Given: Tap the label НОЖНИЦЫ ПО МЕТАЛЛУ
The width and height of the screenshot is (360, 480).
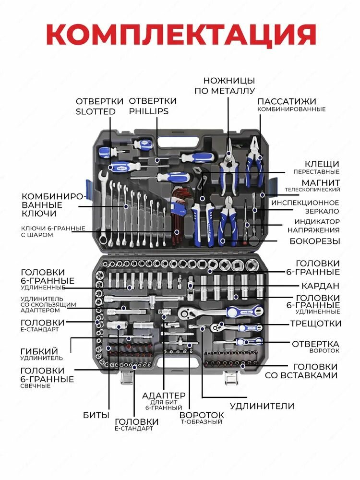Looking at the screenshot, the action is click(225, 86).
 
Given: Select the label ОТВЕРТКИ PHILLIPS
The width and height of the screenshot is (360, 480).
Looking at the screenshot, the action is click(153, 106).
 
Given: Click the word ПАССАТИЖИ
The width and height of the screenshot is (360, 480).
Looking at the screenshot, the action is click(287, 101).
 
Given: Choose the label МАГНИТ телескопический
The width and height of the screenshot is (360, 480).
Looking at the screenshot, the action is click(312, 185).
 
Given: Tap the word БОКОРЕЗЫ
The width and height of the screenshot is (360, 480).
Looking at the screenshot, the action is click(315, 241).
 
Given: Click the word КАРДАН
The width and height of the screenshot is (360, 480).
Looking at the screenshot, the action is click(320, 286).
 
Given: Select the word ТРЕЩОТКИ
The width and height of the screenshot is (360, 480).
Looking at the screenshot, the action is click(316, 324).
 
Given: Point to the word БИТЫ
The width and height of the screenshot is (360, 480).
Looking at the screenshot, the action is click(96, 415).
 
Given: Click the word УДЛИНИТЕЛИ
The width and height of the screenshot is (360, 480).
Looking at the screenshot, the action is click(262, 406).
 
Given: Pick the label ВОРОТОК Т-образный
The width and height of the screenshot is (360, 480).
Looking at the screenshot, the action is click(202, 418).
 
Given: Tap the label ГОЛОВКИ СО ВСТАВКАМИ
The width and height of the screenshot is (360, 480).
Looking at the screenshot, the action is click(301, 371).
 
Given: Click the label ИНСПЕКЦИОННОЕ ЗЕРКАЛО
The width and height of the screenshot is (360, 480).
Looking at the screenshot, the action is click(305, 207).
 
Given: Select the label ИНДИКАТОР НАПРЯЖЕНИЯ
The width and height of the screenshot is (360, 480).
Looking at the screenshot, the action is click(313, 226).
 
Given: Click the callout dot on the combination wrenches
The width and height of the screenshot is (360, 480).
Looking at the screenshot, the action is click(126, 206).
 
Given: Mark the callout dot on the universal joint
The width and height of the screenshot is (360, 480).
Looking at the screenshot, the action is click(191, 286).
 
